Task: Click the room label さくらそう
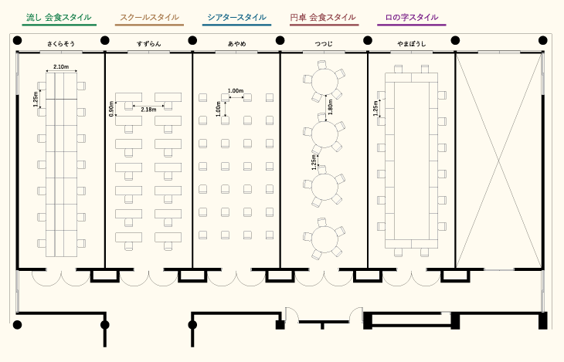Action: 61,45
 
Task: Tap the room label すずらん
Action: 148,45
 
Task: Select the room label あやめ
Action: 236,45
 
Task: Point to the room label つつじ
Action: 324,45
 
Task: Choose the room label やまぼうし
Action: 411,45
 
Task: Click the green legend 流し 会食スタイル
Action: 59,17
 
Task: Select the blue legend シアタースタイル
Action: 237,17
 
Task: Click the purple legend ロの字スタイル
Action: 411,17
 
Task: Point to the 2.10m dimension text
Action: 61,67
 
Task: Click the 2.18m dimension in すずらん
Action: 148,110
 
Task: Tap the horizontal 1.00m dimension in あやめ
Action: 236,91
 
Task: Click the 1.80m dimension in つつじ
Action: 331,109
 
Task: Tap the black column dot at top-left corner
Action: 17,41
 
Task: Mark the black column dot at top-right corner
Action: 544,41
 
